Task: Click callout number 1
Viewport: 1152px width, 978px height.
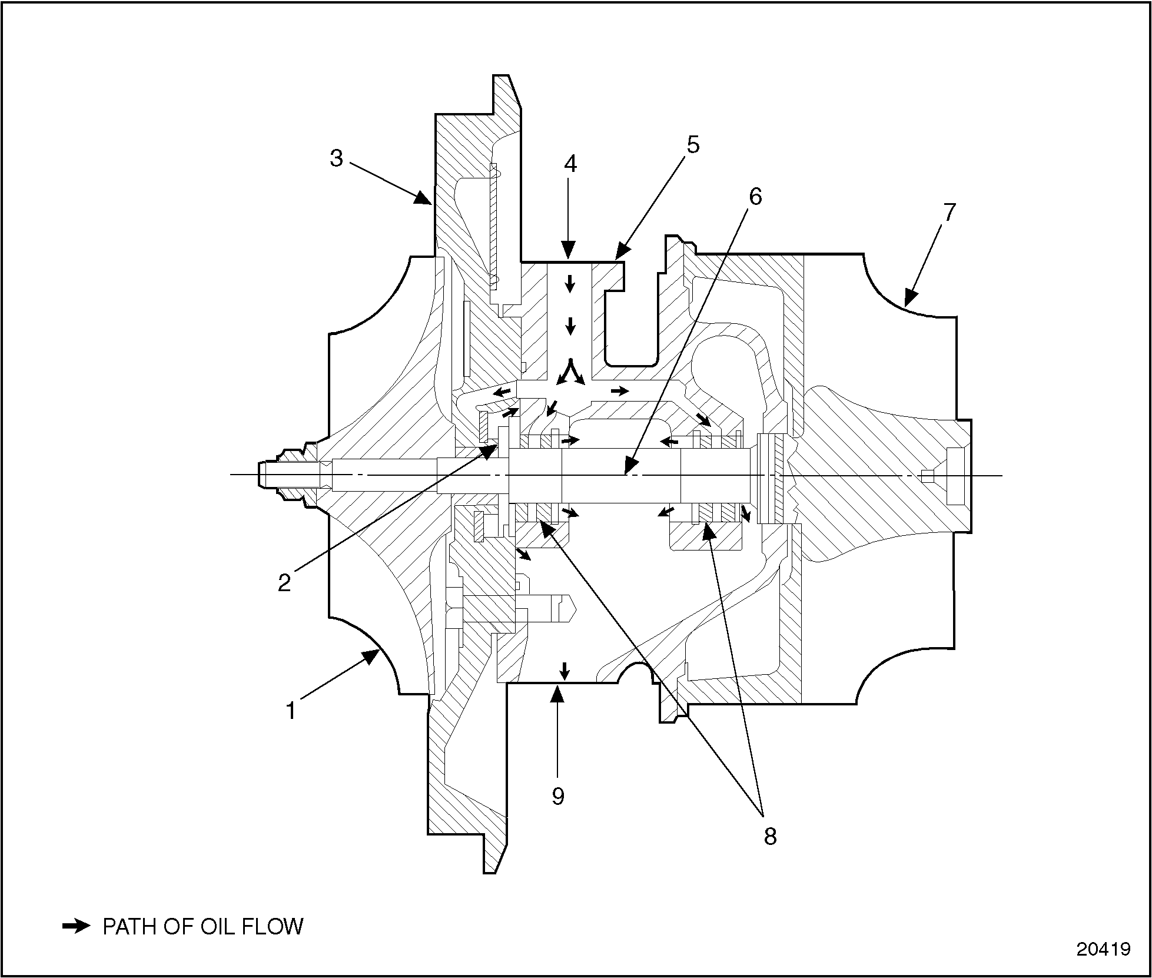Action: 290,711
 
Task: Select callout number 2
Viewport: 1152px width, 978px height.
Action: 284,582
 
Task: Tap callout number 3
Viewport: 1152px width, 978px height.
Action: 336,158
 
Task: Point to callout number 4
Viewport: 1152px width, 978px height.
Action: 570,164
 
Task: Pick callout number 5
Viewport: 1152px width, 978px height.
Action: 693,144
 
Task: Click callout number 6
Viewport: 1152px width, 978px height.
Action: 755,197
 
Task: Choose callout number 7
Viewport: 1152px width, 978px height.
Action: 948,212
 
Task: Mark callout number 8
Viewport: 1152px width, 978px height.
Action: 770,836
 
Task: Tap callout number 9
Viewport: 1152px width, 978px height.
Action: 557,797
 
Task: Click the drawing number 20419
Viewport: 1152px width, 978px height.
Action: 1103,950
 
